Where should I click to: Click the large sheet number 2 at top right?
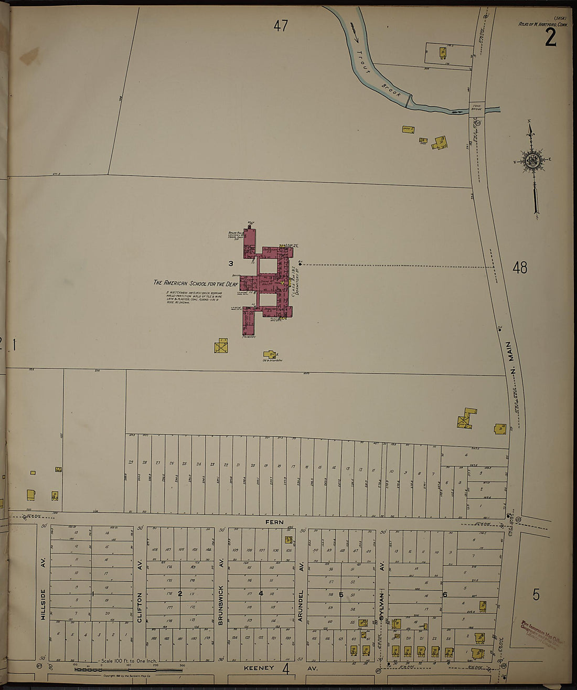(x=550, y=37)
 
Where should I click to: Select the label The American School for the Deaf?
(x=195, y=283)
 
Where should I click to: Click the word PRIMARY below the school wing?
(x=249, y=337)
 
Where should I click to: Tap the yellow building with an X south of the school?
(x=221, y=346)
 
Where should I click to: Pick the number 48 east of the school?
(x=519, y=268)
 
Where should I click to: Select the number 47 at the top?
(x=281, y=26)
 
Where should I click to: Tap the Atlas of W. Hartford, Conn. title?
(x=539, y=23)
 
